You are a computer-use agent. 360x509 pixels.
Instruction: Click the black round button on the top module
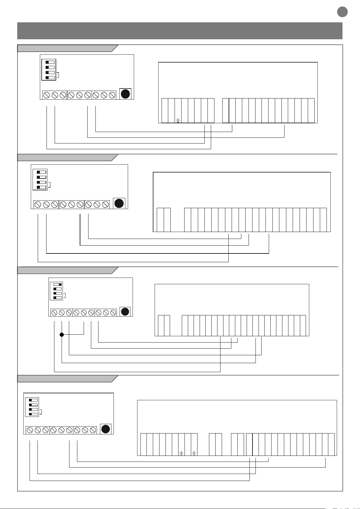point(125,94)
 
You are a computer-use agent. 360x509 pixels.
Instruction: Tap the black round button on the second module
point(119,204)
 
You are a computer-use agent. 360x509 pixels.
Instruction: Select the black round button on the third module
point(125,312)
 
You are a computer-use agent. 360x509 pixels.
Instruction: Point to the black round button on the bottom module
point(105,429)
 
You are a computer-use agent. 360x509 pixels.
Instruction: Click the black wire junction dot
point(62,334)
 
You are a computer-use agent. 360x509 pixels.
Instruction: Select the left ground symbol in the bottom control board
point(182,453)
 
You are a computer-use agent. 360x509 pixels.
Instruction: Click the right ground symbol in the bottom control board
point(194,453)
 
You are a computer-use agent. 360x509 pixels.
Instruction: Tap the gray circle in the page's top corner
point(342,12)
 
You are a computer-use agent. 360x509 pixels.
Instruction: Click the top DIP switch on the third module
point(58,284)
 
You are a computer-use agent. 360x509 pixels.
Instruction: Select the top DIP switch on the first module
point(50,62)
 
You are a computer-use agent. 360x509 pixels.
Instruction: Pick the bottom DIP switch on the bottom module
point(33,414)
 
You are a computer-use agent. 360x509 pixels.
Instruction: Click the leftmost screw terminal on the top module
point(47,95)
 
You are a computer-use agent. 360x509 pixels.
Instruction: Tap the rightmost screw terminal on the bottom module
point(93,430)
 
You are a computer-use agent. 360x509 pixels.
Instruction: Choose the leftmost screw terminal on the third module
point(54,313)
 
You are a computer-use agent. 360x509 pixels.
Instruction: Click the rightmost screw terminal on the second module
point(105,205)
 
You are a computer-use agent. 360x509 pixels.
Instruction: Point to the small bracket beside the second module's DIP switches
point(49,185)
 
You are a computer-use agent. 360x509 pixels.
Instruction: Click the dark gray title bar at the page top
point(180,31)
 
